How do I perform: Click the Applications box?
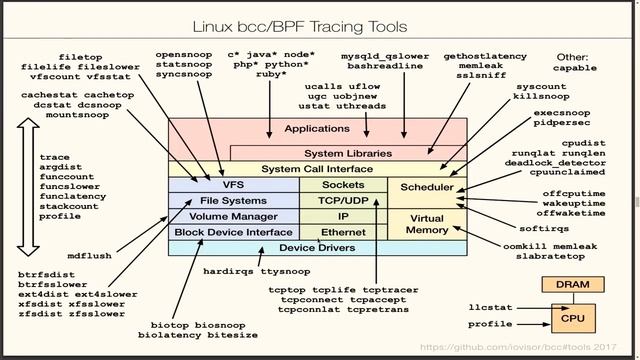317,129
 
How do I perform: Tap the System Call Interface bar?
317,169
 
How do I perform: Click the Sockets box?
343,185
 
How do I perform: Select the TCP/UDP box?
343,200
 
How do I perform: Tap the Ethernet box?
343,232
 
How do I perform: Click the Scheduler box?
427,187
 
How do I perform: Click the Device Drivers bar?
317,247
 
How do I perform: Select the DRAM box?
567,286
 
